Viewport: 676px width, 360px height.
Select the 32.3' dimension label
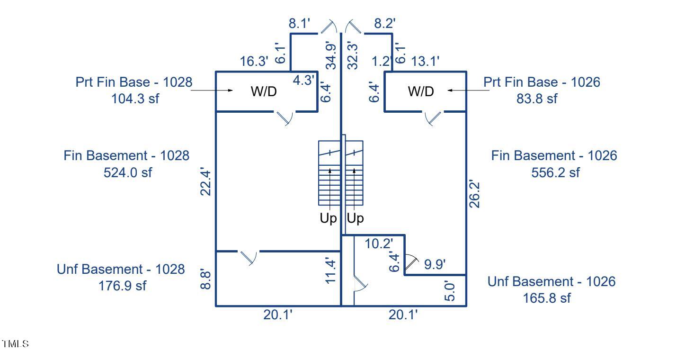[x=352, y=56]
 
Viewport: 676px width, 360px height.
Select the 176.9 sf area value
[x=121, y=286]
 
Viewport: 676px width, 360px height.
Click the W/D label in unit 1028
[x=263, y=92]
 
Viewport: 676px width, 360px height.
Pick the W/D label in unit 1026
[x=421, y=92]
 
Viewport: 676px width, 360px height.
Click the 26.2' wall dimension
[x=475, y=193]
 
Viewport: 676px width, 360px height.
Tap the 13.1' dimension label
[x=426, y=61]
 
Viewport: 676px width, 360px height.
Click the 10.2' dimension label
[x=379, y=244]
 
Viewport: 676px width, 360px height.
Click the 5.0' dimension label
[x=450, y=291]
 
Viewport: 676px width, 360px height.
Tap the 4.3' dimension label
[x=303, y=80]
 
